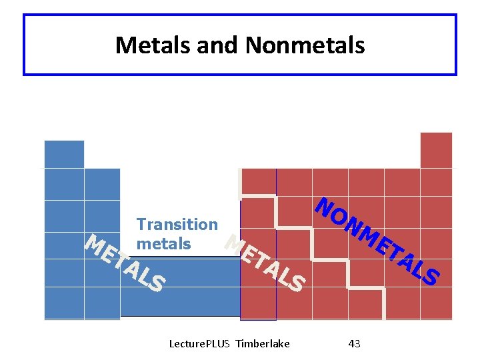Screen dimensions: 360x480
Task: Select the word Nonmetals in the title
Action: pos(305,45)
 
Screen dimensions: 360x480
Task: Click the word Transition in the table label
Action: pos(177,225)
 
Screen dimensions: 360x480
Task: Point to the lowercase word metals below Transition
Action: pos(163,244)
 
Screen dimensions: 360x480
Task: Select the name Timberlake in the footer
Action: pos(263,343)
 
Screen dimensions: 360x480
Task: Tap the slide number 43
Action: pos(355,343)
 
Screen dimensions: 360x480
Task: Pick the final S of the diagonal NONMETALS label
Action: pos(431,276)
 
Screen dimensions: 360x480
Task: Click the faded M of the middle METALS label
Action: pos(233,244)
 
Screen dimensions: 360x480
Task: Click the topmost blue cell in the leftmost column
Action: pos(64,154)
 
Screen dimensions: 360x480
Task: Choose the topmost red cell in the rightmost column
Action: pos(436,150)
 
